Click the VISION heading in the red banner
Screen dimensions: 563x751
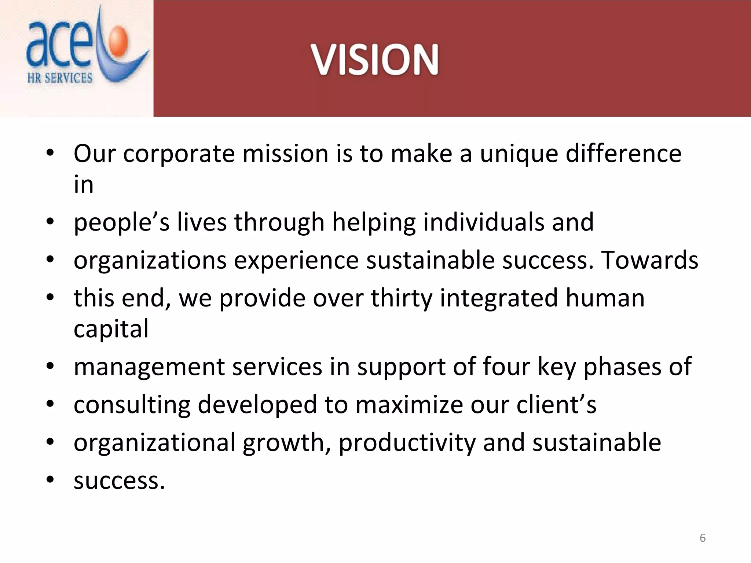click(374, 60)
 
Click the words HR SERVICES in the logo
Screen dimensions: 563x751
click(60, 78)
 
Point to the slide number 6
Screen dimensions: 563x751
click(703, 538)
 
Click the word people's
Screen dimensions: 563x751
click(121, 223)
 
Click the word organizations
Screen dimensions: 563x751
click(150, 261)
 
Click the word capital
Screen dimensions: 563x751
click(111, 329)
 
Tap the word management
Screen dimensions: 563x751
click(149, 367)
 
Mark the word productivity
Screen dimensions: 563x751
click(407, 443)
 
